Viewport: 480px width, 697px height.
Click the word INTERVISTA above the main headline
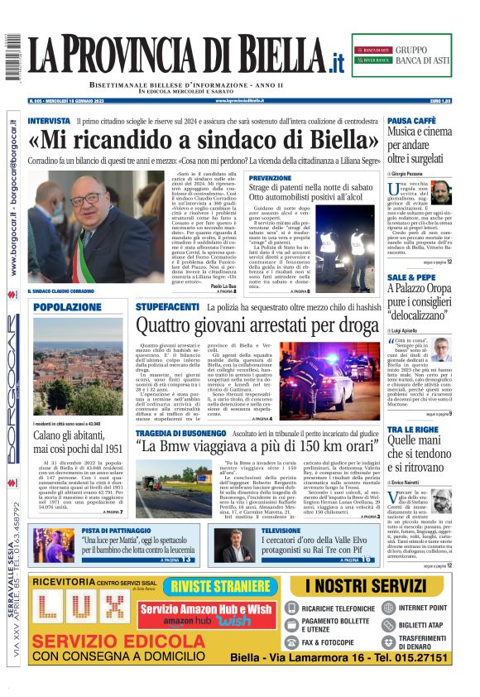click(x=49, y=121)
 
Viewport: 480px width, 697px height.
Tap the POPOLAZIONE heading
click(x=67, y=307)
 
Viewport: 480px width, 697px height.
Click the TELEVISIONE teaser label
click(x=281, y=530)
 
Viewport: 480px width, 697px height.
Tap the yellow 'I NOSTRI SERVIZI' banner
click(x=377, y=585)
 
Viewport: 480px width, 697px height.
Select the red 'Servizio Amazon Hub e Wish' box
click(x=206, y=613)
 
